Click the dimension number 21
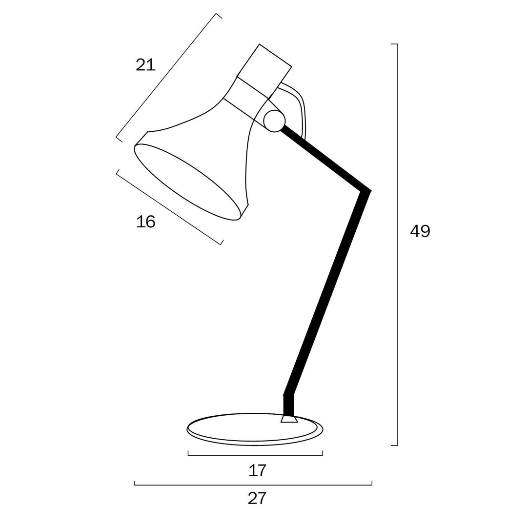(145, 64)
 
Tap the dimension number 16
(145, 222)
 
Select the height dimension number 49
(420, 231)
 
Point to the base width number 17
(257, 470)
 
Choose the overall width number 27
(257, 498)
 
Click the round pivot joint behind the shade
(274, 121)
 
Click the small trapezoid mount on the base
(289, 419)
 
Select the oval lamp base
(255, 429)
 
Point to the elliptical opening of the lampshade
(187, 182)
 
